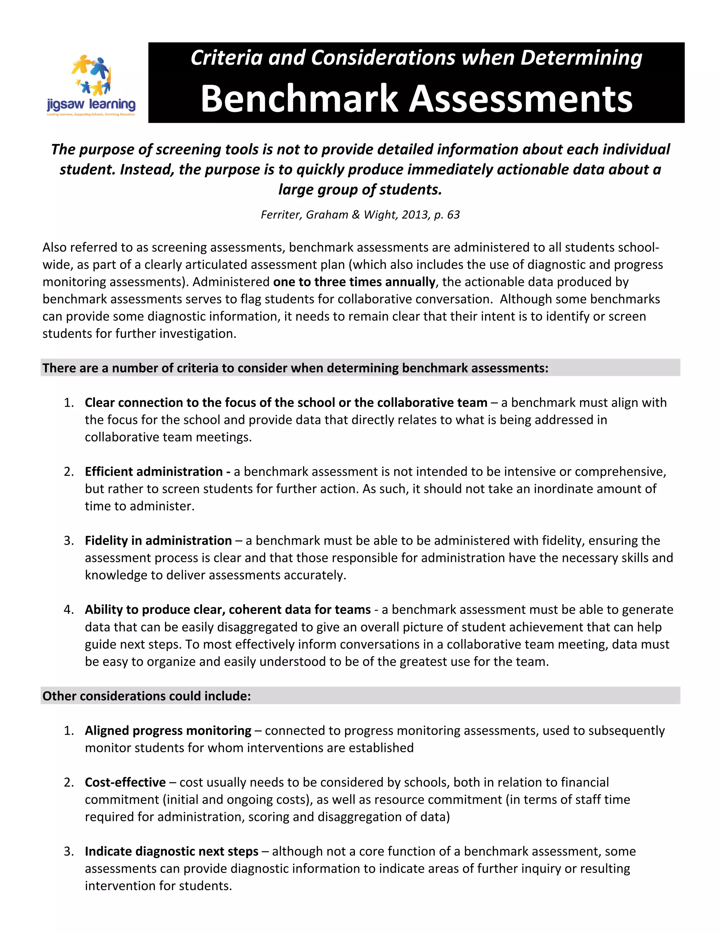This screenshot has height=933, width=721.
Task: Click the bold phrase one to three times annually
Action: (354, 282)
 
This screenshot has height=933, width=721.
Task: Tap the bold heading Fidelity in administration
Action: (158, 540)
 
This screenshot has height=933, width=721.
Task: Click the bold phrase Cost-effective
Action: (125, 782)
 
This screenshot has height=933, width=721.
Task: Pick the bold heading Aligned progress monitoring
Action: (168, 731)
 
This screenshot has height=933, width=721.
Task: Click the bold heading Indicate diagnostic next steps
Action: (171, 851)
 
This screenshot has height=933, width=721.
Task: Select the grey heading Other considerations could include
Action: (146, 696)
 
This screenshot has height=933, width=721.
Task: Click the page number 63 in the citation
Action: (453, 214)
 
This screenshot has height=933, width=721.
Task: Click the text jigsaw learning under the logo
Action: (91, 104)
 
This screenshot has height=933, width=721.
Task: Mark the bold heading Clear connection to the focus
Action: (286, 402)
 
